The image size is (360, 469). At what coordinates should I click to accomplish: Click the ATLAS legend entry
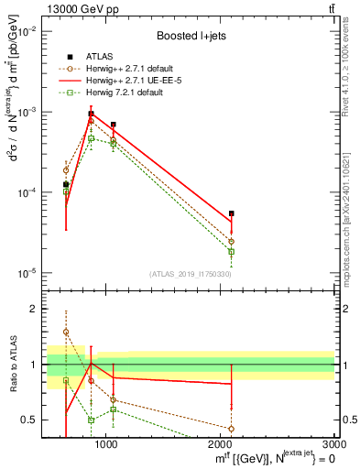[x=112, y=57]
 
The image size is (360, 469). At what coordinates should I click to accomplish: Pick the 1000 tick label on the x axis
[x=106, y=444]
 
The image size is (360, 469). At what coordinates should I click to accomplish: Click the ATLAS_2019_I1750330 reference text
[x=190, y=274]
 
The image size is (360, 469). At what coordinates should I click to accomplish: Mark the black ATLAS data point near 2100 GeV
[x=232, y=213]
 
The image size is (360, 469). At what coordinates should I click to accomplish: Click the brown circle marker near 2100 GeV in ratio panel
[x=232, y=428]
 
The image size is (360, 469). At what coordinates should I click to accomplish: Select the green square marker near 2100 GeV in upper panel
[x=232, y=251]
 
